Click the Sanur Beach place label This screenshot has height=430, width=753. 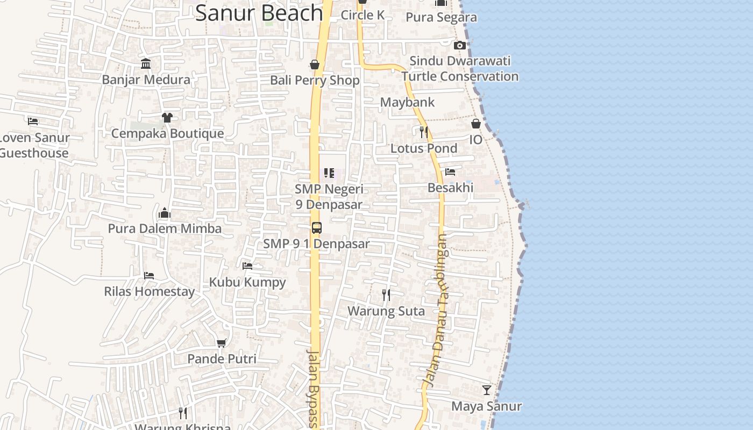pyautogui.click(x=259, y=13)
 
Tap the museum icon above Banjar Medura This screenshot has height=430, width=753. pyautogui.click(x=146, y=64)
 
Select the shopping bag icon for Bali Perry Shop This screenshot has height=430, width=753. pyautogui.click(x=315, y=65)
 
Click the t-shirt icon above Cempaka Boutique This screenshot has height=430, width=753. pyautogui.click(x=167, y=117)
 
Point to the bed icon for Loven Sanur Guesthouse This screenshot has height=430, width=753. pyautogui.click(x=33, y=121)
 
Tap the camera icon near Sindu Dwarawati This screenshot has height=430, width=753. pyautogui.click(x=459, y=45)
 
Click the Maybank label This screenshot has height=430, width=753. pyautogui.click(x=407, y=102)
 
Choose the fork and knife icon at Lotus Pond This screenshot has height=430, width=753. pyautogui.click(x=423, y=131)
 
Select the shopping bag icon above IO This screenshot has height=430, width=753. pyautogui.click(x=476, y=124)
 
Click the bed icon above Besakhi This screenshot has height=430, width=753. pyautogui.click(x=450, y=172)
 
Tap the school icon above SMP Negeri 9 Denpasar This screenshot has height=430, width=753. pyautogui.click(x=329, y=173)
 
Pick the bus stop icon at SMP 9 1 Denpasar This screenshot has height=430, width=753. pyautogui.click(x=316, y=228)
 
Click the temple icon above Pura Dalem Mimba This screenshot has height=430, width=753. pyautogui.click(x=165, y=213)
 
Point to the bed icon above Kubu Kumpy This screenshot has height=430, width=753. pyautogui.click(x=247, y=266)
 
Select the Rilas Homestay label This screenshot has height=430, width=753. pyautogui.click(x=149, y=291)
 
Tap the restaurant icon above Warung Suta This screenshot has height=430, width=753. pyautogui.click(x=386, y=295)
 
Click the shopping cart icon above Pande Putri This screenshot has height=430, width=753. pyautogui.click(x=221, y=343)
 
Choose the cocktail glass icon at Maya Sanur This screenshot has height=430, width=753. pyautogui.click(x=486, y=390)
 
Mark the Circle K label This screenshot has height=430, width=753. pyautogui.click(x=363, y=15)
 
